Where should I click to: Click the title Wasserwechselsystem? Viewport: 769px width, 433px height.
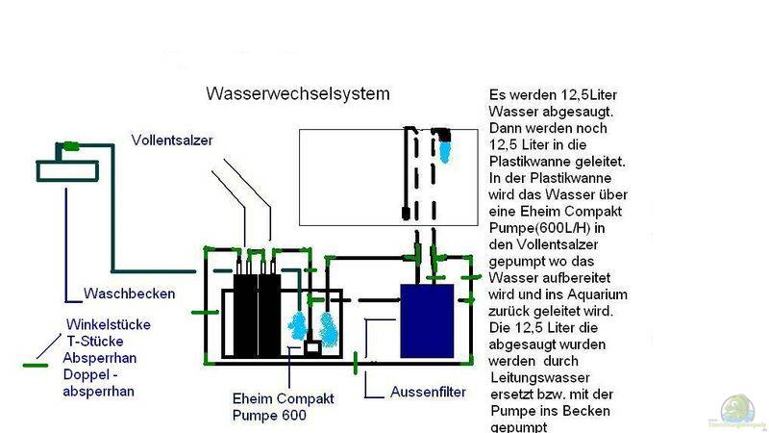298,94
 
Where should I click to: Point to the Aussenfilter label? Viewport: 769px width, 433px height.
429,392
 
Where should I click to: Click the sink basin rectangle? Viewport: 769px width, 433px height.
67,170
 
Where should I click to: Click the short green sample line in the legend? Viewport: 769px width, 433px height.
36,366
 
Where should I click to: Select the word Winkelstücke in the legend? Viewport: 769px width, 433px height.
108,325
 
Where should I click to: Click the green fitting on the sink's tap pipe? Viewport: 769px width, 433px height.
70,147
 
